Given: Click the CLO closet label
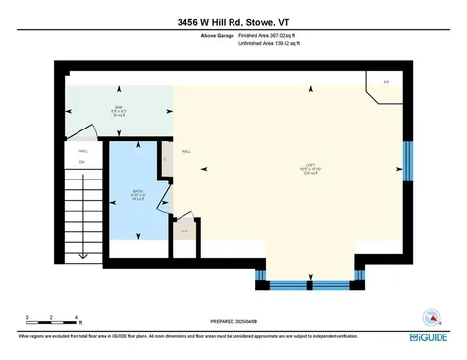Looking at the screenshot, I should tap(183, 231).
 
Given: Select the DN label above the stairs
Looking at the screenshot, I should tap(69, 162).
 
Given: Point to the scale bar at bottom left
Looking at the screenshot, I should tap(51, 319).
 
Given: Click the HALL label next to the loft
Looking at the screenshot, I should tap(185, 152).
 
